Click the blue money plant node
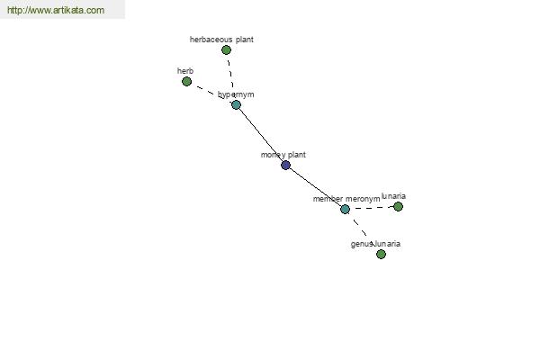[x=285, y=165]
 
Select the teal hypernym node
[x=236, y=104]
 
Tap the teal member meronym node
[x=345, y=209]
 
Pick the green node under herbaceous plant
[x=226, y=50]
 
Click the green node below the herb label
[x=186, y=82]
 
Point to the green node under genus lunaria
[x=381, y=254]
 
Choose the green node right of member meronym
[x=398, y=206]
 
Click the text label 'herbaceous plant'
[x=221, y=40]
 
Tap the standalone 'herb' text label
[x=185, y=71]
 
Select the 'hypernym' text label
[x=236, y=94]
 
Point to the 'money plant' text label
[x=283, y=155]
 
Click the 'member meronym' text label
[x=346, y=199]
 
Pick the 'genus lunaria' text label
[x=375, y=244]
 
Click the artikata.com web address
[x=56, y=10]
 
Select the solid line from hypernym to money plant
[x=261, y=135]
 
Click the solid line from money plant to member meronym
[x=315, y=187]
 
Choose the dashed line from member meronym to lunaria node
[x=371, y=208]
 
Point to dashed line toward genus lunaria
[x=358, y=226]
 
